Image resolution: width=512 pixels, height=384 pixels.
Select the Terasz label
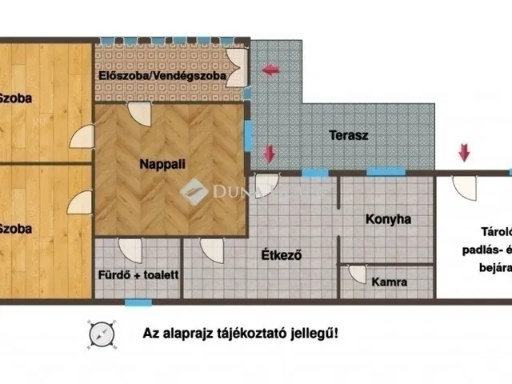click(349, 135)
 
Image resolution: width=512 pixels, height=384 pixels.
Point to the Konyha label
click(388, 218)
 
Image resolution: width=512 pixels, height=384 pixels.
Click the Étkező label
click(281, 256)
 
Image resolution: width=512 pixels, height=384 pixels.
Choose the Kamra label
click(390, 282)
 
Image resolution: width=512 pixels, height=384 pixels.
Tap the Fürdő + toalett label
click(138, 274)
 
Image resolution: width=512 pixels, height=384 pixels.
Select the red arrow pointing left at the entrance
click(270, 70)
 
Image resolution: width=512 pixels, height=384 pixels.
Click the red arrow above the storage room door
click(463, 150)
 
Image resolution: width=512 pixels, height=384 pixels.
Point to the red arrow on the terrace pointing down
click(270, 151)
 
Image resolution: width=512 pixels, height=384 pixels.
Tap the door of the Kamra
click(354, 275)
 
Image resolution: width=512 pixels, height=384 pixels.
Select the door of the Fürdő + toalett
click(128, 250)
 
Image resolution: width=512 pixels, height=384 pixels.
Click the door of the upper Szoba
click(82, 137)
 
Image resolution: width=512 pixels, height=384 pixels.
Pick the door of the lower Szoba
click(80, 202)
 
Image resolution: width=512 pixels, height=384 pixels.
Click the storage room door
click(464, 186)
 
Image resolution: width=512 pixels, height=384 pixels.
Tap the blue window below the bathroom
click(138, 302)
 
